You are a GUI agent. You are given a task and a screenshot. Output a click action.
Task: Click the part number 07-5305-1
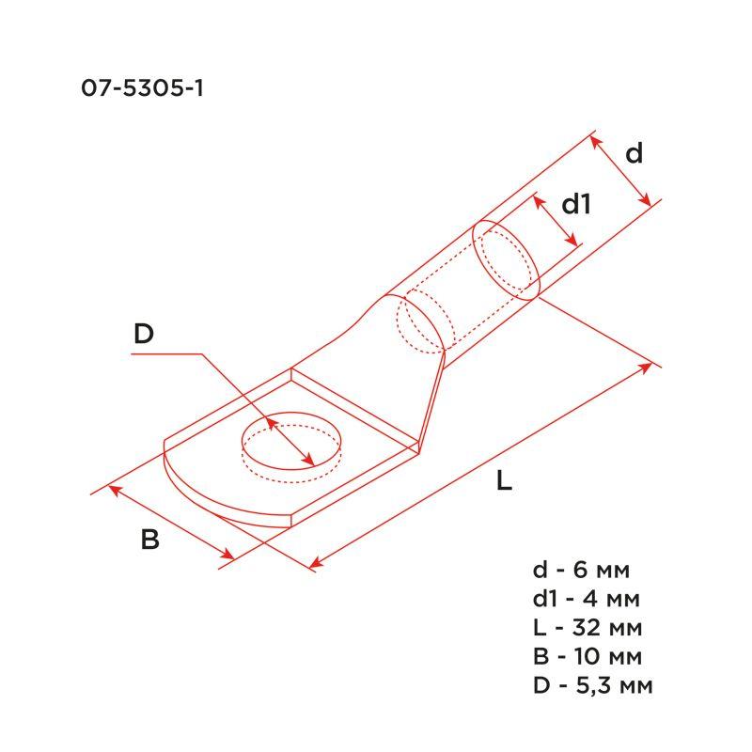tap(144, 90)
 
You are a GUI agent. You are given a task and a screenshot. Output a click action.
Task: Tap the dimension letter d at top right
tap(634, 153)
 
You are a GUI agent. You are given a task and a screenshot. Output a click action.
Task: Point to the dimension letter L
tap(505, 483)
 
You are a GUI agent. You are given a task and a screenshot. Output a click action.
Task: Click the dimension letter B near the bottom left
tap(150, 540)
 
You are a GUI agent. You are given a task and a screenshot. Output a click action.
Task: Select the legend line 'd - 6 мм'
tap(581, 570)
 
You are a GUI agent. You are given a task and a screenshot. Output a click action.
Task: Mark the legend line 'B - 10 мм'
tap(588, 655)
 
